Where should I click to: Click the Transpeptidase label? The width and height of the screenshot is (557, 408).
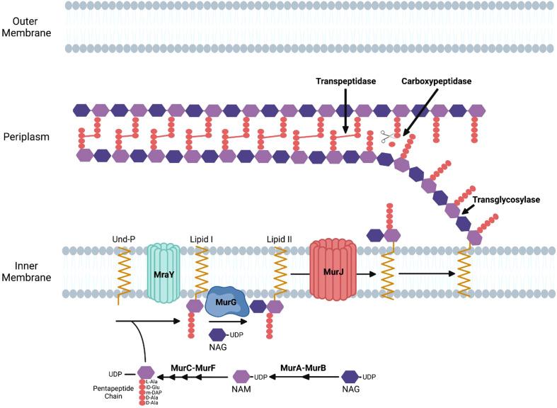pyautogui.click(x=345, y=81)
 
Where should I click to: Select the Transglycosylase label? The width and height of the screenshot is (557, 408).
pyautogui.click(x=506, y=200)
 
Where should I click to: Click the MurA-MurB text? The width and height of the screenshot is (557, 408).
pyautogui.click(x=303, y=368)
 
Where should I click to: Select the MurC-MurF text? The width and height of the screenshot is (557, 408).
pyautogui.click(x=194, y=368)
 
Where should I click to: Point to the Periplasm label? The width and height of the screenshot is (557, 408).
pyautogui.click(x=25, y=135)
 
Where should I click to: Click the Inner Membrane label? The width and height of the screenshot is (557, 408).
pyautogui.click(x=26, y=271)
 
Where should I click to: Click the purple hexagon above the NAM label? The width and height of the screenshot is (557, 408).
pyautogui.click(x=242, y=377)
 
